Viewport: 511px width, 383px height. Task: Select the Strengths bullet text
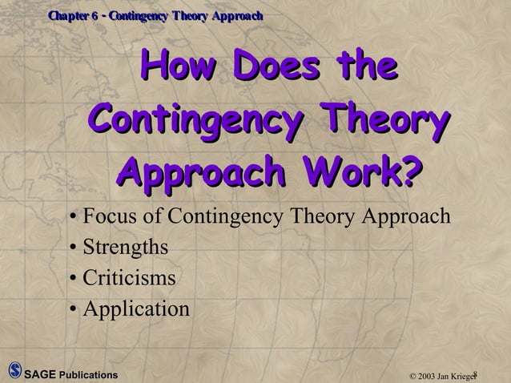[126, 248]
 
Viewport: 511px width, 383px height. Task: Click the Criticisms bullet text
[129, 278]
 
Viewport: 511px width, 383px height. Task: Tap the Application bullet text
[136, 308]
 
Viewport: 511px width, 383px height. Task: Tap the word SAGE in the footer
[40, 374]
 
